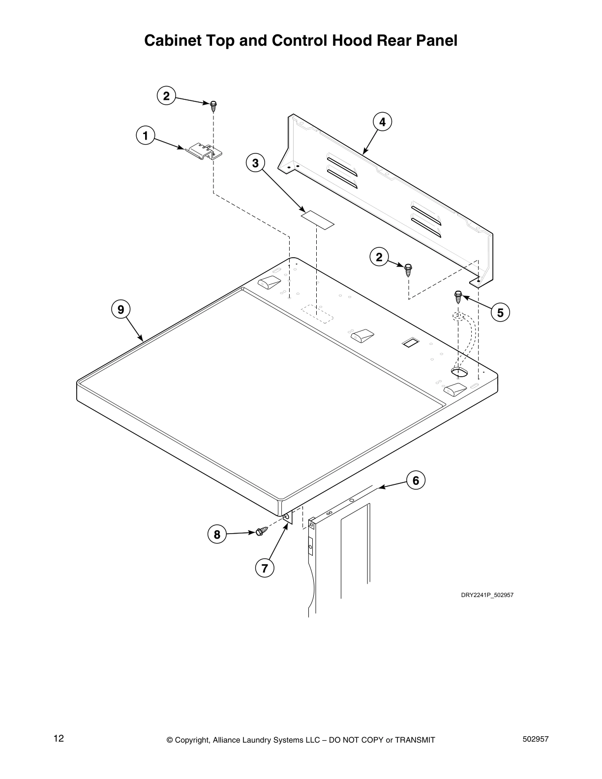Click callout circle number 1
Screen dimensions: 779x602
[x=146, y=135]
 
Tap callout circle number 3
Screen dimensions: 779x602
[x=255, y=162]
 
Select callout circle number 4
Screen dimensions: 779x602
[x=383, y=121]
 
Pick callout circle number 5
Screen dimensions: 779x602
[x=500, y=312]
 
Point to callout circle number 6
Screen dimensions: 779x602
[x=416, y=480]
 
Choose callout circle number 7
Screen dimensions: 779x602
[x=264, y=569]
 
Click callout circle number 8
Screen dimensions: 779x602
[x=217, y=534]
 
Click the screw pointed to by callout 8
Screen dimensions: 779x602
[x=262, y=531]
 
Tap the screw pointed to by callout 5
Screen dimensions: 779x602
[x=458, y=296]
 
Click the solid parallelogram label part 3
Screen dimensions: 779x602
[x=318, y=219]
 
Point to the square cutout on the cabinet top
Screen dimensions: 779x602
[x=410, y=343]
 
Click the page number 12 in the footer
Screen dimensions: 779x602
[x=59, y=738]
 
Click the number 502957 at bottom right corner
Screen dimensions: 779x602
[x=535, y=739]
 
